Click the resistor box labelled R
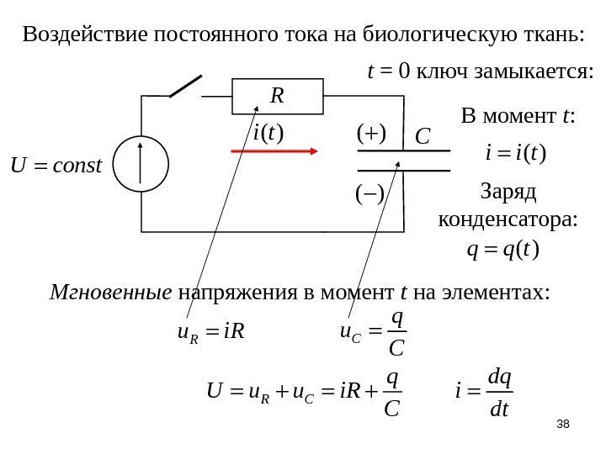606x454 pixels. tap(279, 96)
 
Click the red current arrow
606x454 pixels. tap(274, 152)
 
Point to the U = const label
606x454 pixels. tap(56, 161)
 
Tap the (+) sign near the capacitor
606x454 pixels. tap(370, 132)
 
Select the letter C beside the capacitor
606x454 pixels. tap(423, 135)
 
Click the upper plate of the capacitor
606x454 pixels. tap(405, 152)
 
